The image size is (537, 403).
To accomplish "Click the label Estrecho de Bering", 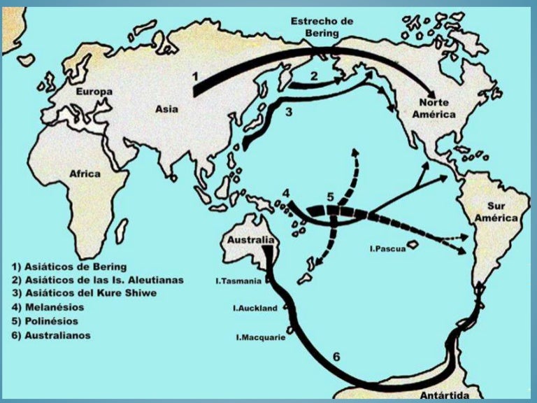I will (322, 27).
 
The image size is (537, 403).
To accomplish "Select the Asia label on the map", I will (166, 108).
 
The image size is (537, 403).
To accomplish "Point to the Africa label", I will (85, 174).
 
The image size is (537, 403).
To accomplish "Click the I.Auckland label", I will (255, 308).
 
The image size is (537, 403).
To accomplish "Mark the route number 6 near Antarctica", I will (336, 357).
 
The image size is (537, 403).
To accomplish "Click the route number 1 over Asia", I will (196, 73).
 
